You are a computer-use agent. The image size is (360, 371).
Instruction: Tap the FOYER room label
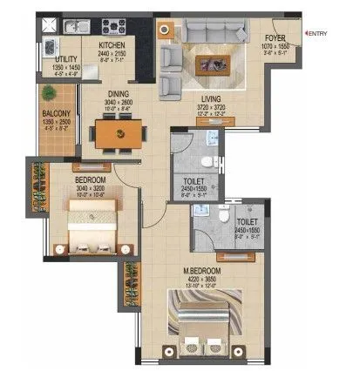pos(278,38)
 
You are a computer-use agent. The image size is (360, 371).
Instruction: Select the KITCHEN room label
pos(113,44)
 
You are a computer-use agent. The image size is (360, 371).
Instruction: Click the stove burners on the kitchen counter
pos(113,24)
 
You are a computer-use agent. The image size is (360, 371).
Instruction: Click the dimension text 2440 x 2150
pos(113,53)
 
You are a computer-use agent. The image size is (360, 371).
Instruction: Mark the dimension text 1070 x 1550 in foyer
pos(278,47)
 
